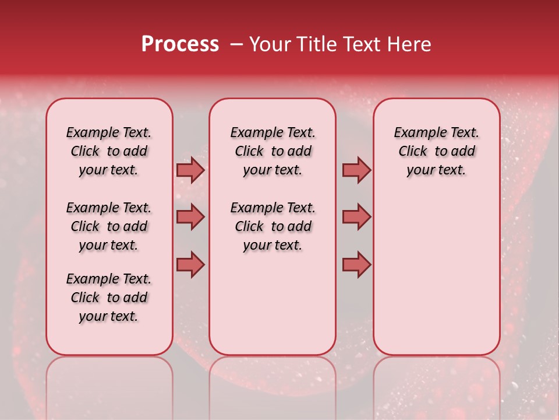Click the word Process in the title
[180, 44]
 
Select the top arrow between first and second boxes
[190, 170]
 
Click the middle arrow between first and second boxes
[190, 217]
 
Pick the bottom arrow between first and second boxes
[190, 264]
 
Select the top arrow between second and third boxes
[356, 170]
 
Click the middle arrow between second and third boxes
[356, 217]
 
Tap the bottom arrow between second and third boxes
[356, 264]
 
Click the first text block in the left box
[109, 151]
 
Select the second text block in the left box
[109, 226]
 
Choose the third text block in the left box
[109, 297]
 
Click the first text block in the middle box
[273, 151]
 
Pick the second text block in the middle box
[273, 226]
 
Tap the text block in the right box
[436, 151]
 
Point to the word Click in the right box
[413, 152]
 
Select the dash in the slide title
[235, 44]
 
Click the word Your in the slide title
[268, 44]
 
